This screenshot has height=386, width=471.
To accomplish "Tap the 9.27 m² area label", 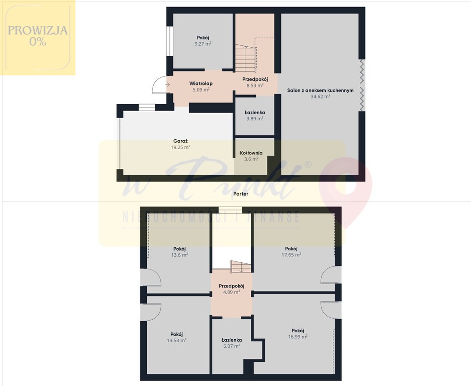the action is (x=203, y=44).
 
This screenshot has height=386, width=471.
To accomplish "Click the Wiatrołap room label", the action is (x=201, y=83).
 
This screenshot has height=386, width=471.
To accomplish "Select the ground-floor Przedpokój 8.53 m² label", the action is (x=255, y=82).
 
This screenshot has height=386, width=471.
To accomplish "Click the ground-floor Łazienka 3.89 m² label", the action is (x=255, y=116).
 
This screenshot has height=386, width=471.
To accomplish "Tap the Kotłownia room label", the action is (x=251, y=153).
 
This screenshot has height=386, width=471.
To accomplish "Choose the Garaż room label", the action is (x=180, y=141).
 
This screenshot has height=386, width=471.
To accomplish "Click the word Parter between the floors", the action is (x=241, y=194).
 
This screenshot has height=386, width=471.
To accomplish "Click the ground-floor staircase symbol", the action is (x=246, y=58).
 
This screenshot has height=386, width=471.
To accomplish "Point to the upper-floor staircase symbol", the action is (x=241, y=266).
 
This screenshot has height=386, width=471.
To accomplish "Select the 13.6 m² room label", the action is (x=179, y=252).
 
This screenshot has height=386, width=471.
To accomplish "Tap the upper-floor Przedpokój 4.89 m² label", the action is (x=231, y=289).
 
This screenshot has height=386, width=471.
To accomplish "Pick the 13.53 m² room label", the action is (x=176, y=337).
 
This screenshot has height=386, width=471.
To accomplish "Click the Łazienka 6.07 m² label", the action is (x=232, y=343).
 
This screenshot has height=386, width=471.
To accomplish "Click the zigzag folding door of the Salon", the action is (x=362, y=85).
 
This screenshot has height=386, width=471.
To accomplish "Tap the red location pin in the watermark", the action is (x=345, y=189).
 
